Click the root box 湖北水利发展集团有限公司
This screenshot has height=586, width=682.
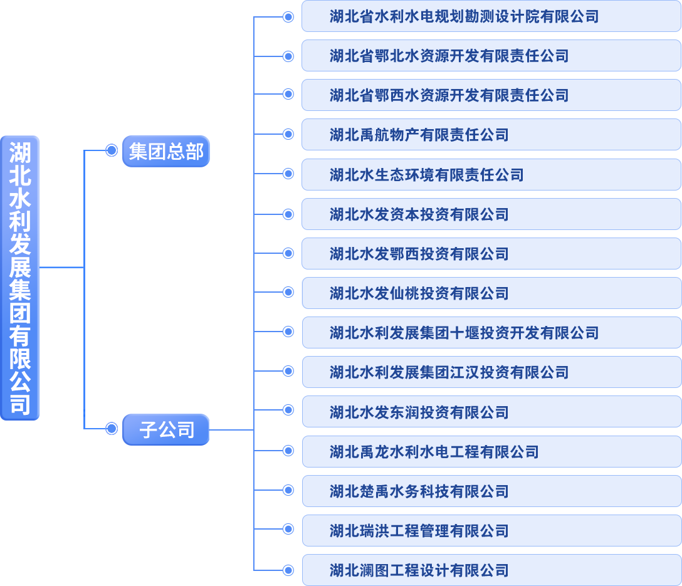click(x=20, y=278)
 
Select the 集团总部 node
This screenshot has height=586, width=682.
click(x=165, y=152)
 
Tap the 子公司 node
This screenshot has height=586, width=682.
click(x=165, y=430)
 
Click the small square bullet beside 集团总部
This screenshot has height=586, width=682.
click(x=112, y=150)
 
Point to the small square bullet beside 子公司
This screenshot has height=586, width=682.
click(x=112, y=429)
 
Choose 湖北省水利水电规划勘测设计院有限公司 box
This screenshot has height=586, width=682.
click(x=491, y=17)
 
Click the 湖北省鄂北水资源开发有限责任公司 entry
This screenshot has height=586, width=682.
click(x=491, y=56)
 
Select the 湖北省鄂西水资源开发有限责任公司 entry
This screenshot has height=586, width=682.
click(x=491, y=96)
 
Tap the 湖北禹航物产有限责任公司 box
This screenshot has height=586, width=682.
click(x=491, y=135)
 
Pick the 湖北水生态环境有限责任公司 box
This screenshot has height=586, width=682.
click(x=491, y=175)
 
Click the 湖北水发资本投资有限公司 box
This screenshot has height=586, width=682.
click(x=491, y=214)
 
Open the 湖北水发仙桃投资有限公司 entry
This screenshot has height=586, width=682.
click(x=491, y=293)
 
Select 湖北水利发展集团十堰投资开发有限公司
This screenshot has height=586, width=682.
click(x=491, y=333)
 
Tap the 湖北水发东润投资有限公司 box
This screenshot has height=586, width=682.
click(x=491, y=412)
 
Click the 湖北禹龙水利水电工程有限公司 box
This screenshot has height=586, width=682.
click(x=491, y=452)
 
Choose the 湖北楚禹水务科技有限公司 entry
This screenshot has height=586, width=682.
click(x=491, y=491)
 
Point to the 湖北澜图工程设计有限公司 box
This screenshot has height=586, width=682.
click(x=491, y=570)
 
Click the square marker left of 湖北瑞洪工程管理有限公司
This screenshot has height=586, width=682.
click(x=288, y=530)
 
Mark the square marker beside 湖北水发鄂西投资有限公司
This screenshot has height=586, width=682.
click(x=288, y=253)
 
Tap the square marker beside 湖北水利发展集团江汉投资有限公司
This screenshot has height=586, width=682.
click(x=288, y=371)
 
